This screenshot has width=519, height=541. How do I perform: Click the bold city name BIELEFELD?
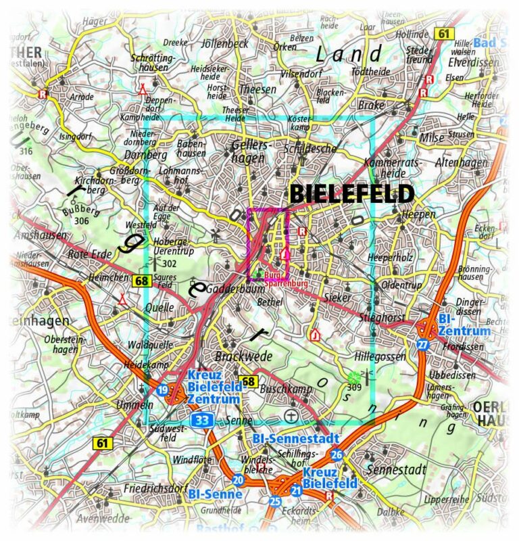[351, 195]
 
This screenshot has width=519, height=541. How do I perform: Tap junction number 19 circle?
[162, 390]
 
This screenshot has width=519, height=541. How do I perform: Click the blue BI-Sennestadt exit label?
[295, 439]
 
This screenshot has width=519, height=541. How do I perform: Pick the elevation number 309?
[354, 388]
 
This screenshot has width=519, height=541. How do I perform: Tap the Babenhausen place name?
[190, 149]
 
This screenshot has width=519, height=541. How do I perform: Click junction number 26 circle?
[337, 455]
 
